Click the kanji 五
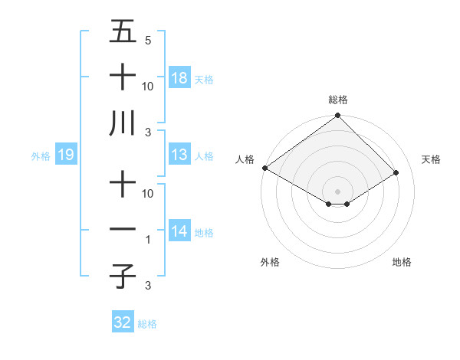(122, 31)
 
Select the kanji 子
(122, 276)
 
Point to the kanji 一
(122, 229)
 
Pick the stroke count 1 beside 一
(149, 240)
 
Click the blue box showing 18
(179, 77)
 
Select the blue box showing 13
(179, 155)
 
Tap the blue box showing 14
(179, 231)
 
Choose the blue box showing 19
(65, 155)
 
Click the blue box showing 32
(123, 322)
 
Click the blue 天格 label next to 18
(204, 79)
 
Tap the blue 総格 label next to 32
(147, 324)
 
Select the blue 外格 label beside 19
(41, 156)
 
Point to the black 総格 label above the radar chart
(338, 100)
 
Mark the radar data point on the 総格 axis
(337, 116)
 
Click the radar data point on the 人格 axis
(264, 168)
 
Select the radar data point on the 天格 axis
(396, 173)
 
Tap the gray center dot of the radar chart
(337, 191)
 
